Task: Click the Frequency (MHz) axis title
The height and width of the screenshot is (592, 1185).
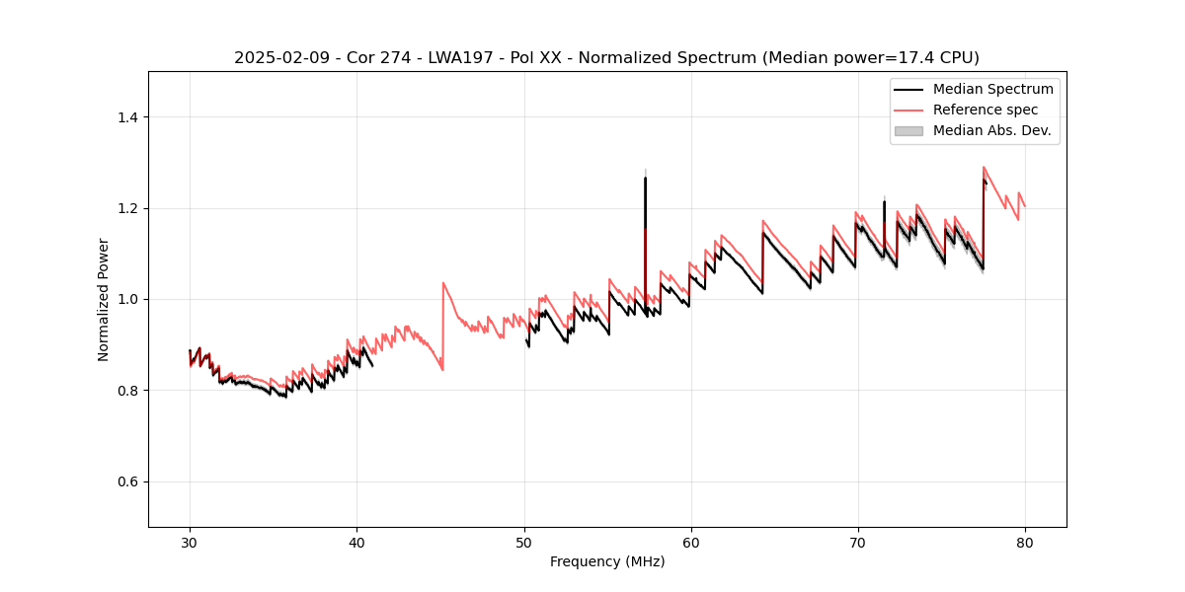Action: coord(607,561)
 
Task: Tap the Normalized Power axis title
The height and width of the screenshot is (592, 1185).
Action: coord(104,299)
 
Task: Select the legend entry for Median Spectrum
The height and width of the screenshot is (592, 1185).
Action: coord(992,89)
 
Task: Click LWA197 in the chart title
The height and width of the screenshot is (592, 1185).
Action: coord(445,58)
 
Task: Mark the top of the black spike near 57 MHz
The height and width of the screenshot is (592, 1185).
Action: coord(645,178)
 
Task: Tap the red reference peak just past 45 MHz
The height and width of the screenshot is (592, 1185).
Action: coord(443,283)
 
